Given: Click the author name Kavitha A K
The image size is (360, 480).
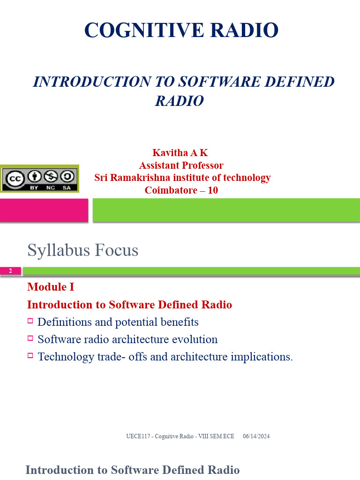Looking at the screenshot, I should click(180, 153).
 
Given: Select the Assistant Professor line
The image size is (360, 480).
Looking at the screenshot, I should click(181, 165).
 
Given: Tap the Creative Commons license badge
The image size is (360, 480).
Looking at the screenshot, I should click(39, 179).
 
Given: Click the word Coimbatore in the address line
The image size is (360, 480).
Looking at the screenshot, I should click(167, 190).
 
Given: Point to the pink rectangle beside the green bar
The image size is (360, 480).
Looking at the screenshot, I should click(44, 210).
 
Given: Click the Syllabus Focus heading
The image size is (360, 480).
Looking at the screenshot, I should click(82, 250).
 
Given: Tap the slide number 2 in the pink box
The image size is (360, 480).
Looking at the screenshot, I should click(11, 271).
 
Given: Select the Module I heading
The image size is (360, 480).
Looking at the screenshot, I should click(51, 287).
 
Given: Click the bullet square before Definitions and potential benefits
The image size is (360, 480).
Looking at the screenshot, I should click(30, 321).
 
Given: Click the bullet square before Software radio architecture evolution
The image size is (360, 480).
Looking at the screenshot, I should click(30, 338).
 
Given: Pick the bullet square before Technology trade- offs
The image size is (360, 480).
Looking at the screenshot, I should click(30, 355).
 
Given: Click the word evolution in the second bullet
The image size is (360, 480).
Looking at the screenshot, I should click(195, 339).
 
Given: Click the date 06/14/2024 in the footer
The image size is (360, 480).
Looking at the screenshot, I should click(256, 436).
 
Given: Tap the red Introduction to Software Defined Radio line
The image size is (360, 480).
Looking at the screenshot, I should click(129, 305).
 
